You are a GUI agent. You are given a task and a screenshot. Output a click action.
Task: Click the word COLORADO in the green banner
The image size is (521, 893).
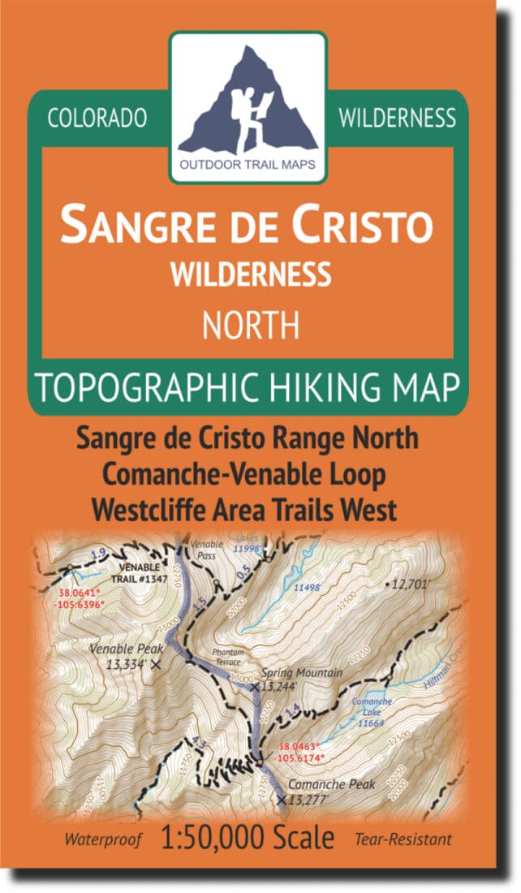97,118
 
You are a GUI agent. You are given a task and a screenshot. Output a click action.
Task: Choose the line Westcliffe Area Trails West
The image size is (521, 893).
244,510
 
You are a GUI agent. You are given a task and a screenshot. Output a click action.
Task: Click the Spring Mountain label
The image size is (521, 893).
301,673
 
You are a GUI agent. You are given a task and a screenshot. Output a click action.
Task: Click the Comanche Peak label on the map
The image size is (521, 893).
311,787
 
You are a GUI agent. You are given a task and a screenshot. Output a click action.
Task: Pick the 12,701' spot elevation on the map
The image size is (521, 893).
414,583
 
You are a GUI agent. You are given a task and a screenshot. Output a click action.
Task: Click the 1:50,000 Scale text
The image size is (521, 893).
248,837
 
